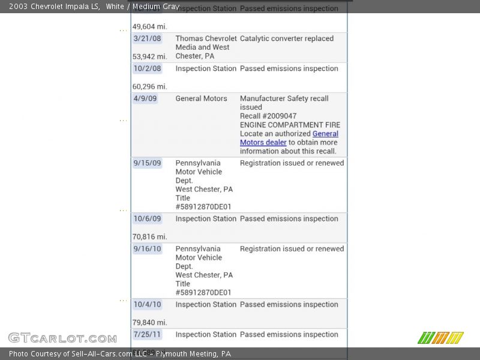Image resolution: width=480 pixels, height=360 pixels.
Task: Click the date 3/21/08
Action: (147, 38)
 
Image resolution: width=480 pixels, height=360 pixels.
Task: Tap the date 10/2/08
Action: (147, 68)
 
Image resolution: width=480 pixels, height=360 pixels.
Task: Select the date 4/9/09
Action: (145, 98)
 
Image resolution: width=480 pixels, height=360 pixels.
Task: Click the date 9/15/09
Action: (147, 163)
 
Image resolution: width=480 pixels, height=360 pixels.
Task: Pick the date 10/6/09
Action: (147, 218)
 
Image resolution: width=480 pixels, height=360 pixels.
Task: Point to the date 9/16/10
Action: (147, 248)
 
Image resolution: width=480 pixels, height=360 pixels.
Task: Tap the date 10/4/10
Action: (147, 304)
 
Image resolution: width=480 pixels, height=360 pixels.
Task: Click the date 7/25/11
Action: (147, 334)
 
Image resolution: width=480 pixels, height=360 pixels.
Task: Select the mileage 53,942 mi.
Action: (149, 56)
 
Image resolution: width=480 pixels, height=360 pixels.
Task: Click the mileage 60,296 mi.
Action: (149, 86)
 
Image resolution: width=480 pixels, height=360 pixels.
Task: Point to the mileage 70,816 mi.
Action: (149, 236)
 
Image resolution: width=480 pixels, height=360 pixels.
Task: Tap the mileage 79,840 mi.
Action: (149, 322)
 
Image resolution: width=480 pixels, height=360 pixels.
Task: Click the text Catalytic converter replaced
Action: (287, 38)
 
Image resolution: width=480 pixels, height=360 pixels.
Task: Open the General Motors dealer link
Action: (263, 143)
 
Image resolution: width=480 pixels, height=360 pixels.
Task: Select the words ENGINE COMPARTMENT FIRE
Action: (290, 125)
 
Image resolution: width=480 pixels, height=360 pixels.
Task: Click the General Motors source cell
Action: (201, 98)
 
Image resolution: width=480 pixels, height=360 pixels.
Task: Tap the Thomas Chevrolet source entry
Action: (206, 47)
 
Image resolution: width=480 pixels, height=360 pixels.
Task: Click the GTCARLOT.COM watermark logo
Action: (62, 338)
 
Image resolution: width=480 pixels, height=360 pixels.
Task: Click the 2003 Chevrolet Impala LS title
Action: (54, 7)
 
